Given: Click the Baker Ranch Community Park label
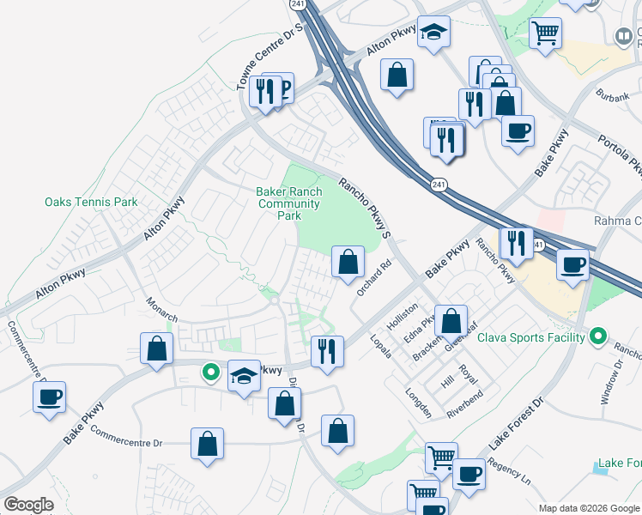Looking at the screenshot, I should [289, 203].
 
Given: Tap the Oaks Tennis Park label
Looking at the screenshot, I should [91, 203].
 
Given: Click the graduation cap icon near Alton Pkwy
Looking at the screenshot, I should [434, 34].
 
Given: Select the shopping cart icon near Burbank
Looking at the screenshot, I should [546, 34].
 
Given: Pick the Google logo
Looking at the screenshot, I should [29, 505].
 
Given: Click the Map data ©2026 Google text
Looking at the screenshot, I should [588, 508].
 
